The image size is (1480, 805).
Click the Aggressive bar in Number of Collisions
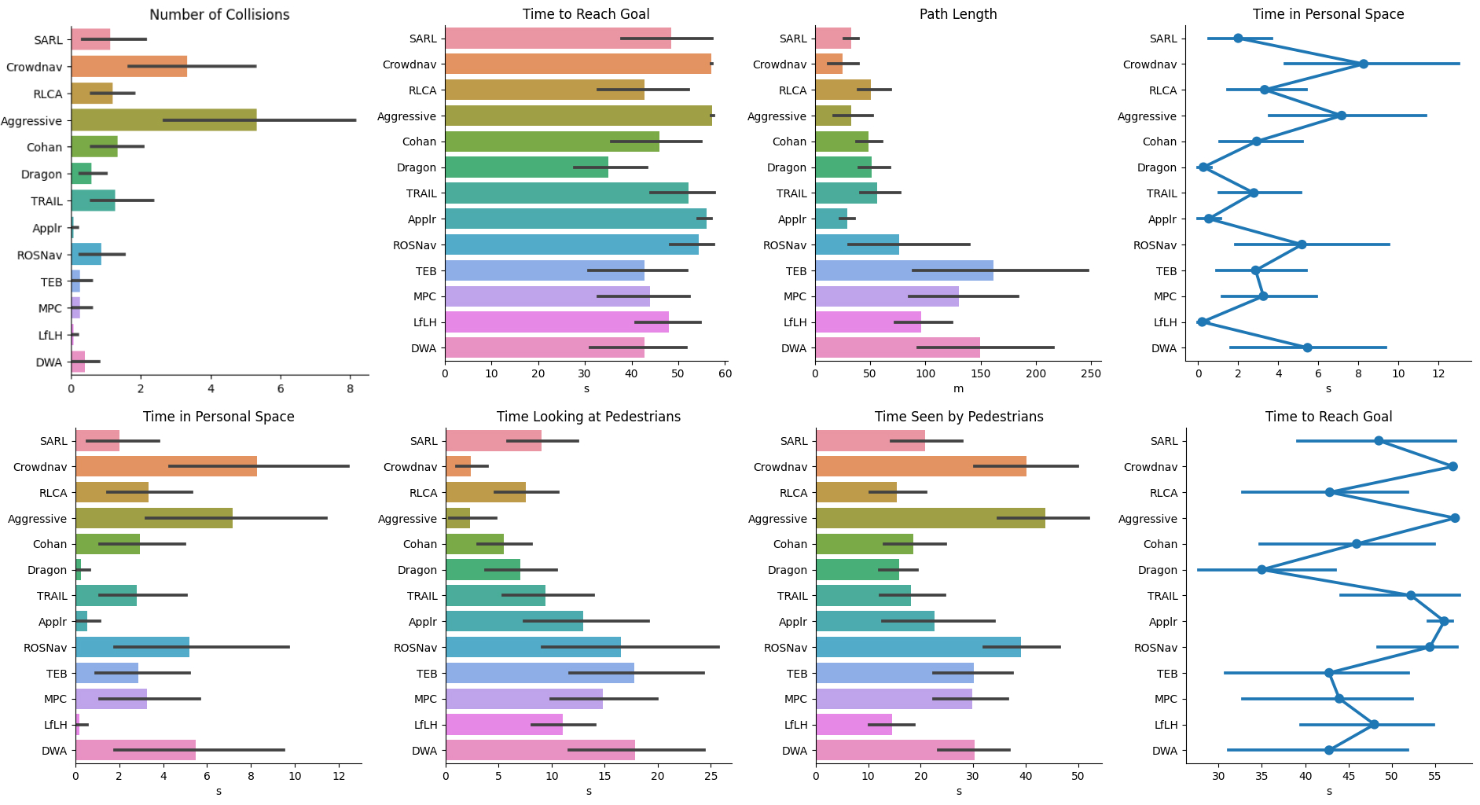coord(163,120)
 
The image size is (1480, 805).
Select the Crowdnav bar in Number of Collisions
coord(129,67)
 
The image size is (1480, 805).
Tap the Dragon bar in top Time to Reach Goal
coord(527,167)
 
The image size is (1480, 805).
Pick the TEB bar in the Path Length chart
coord(904,270)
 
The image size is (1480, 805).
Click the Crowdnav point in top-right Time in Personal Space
coord(1363,64)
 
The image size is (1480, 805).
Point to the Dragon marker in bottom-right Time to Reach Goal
coord(1261,569)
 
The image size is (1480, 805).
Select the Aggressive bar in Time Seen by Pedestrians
coord(930,518)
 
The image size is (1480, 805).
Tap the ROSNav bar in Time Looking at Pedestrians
coord(533,647)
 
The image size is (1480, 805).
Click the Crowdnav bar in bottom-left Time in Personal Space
coord(166,466)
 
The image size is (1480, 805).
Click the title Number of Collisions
coord(219,14)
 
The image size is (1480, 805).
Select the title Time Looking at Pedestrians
coord(589,417)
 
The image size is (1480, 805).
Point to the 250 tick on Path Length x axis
coord(1091,373)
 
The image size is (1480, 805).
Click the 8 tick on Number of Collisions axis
coord(351,388)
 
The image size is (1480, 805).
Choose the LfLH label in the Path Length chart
coord(795,322)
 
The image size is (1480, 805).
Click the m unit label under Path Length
coord(958,388)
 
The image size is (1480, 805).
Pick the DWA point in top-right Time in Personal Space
coord(1307,347)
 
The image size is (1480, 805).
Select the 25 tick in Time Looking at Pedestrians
coord(711,777)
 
